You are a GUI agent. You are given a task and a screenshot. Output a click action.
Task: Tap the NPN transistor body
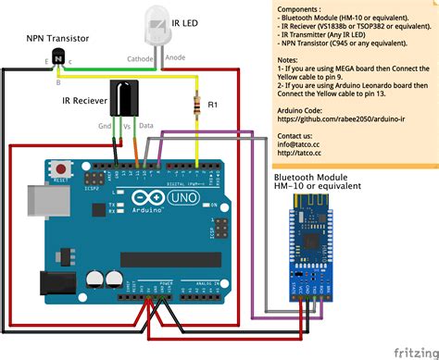(58, 58)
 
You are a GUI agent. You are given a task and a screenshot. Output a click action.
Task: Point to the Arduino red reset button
(61, 169)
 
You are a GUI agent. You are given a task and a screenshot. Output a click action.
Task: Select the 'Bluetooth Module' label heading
(310, 177)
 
